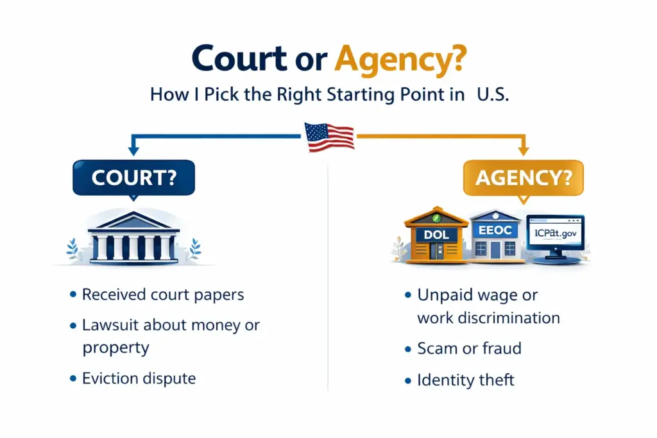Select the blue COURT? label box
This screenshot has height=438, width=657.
[x=133, y=177]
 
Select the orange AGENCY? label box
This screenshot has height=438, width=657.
[x=523, y=177]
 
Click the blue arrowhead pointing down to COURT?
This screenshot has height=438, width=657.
[x=133, y=151]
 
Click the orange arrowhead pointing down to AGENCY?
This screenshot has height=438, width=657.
[x=523, y=151]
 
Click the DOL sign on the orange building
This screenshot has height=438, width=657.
[x=436, y=235]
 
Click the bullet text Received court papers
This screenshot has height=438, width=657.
[x=163, y=295]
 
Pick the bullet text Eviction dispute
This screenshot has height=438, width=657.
[x=139, y=378]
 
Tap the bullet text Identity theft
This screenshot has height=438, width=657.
[x=466, y=380]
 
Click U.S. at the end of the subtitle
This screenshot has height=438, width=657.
[x=493, y=95]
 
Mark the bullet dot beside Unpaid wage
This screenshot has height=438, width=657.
[x=407, y=296]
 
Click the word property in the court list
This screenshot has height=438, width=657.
[x=115, y=348]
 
